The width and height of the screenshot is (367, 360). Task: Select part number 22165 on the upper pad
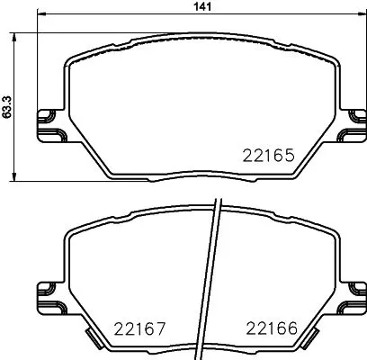270,156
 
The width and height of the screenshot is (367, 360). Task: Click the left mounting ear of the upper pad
41,125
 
